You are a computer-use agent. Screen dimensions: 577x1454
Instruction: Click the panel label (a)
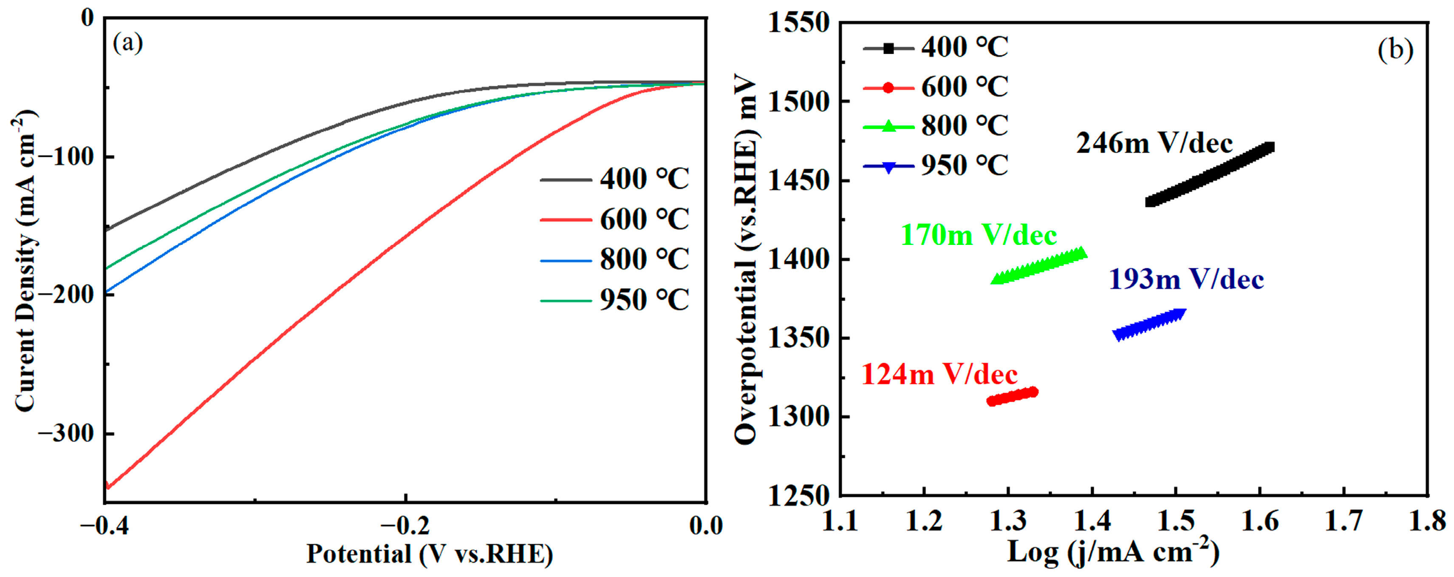coord(128,43)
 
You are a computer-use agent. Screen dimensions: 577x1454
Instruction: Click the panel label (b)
coord(1395,50)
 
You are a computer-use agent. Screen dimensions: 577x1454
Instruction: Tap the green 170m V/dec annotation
coord(978,235)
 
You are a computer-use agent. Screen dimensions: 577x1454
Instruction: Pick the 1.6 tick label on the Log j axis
coord(1260,522)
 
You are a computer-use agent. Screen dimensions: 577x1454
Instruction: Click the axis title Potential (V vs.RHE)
coord(429,554)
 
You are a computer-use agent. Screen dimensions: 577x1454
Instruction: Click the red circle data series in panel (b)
coord(1013,396)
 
